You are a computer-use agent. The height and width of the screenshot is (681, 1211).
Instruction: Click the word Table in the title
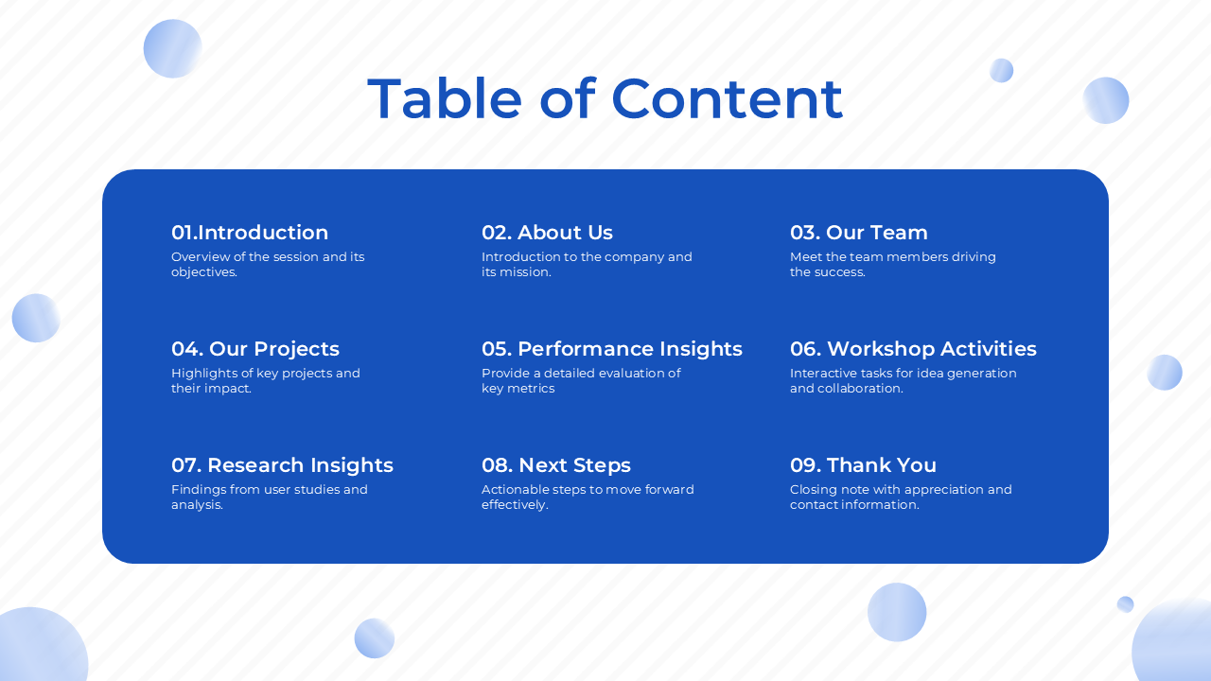click(445, 98)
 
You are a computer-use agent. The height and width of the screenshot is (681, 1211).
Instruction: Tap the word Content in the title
click(727, 98)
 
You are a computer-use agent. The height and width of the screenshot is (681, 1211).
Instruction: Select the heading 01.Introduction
click(250, 233)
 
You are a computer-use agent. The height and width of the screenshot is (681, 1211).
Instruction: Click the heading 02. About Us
click(547, 233)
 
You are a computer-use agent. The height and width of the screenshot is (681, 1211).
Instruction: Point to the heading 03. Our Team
click(858, 233)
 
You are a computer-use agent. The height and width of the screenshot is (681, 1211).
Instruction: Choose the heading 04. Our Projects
click(255, 349)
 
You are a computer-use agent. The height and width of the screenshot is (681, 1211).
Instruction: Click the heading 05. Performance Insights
click(612, 349)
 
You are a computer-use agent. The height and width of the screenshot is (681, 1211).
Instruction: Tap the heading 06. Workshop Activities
click(913, 349)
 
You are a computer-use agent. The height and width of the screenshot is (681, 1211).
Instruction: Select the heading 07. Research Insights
click(282, 465)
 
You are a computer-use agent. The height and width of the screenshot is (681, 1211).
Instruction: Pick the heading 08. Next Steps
click(556, 465)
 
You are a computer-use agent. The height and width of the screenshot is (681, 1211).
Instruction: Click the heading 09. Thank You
click(863, 465)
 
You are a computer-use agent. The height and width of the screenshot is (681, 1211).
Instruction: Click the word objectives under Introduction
click(203, 272)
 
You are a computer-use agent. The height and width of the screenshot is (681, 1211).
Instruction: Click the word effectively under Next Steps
click(514, 505)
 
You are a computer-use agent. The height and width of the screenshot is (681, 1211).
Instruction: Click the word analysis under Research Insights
click(196, 505)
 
